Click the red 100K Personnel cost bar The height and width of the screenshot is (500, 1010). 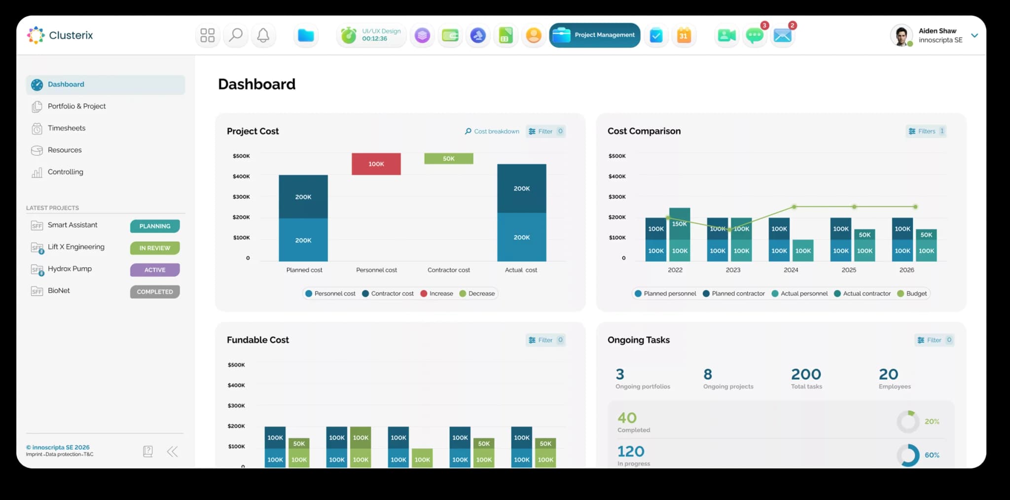pos(376,164)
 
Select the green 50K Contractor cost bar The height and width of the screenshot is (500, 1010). pos(449,158)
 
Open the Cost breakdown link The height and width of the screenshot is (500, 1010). pos(492,131)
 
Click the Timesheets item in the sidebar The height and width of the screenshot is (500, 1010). pos(67,128)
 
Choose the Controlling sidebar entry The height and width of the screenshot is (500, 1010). pos(66,172)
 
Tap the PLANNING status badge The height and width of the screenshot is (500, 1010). pos(155,226)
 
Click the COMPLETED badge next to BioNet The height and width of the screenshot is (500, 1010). pos(155,292)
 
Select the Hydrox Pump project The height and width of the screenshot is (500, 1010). pos(70,269)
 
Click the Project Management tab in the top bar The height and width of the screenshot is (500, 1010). pos(595,35)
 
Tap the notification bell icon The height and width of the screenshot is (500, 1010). pos(263,35)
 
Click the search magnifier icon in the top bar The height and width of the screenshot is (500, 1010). pos(236,35)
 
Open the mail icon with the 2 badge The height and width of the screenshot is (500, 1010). pos(783,35)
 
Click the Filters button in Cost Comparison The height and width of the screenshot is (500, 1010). pos(926,131)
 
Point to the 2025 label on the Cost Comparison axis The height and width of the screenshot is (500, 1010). pos(849,270)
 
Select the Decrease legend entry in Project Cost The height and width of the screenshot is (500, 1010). pos(477,293)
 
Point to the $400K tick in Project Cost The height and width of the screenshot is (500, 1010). pos(241,176)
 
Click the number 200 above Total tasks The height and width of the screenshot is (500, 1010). pos(806,374)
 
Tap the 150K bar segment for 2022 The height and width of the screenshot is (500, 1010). pos(680,224)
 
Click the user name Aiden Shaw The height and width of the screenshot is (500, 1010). pos(937,31)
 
